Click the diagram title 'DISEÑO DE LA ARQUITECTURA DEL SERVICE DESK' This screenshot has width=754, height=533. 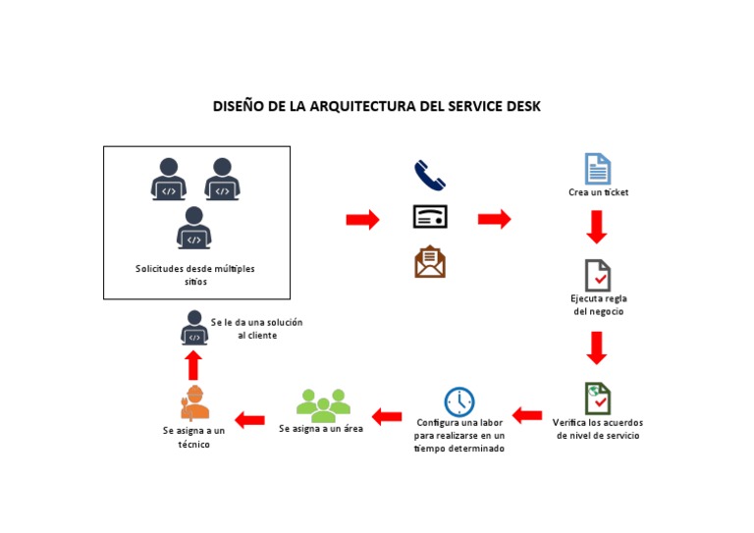point(377,106)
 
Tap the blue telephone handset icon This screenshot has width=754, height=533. point(429,176)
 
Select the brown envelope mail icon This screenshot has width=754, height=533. point(429,262)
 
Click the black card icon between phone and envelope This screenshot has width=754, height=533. point(429,217)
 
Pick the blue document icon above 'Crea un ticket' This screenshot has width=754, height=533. point(597,169)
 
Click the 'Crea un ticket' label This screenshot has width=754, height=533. point(598,192)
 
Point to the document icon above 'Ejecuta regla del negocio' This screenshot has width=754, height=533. point(597,275)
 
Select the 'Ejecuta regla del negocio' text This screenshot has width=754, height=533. point(598,304)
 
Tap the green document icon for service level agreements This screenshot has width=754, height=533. point(597,399)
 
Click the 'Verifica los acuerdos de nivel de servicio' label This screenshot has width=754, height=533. point(597,428)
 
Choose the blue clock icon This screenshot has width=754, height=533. point(458,401)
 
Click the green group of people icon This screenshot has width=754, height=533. point(323,403)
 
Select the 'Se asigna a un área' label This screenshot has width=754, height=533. point(321,429)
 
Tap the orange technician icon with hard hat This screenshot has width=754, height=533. point(194,402)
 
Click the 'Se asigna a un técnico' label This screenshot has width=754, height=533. point(193,437)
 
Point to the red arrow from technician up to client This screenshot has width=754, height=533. point(193,365)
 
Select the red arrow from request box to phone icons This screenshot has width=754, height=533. point(362,220)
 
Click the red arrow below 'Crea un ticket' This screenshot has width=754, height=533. point(597,227)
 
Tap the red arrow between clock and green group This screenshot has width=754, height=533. point(387,417)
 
